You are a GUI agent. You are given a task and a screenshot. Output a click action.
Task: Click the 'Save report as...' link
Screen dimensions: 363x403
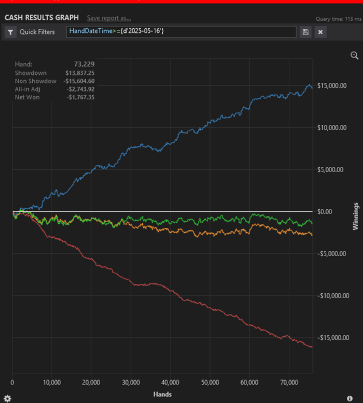(109, 18)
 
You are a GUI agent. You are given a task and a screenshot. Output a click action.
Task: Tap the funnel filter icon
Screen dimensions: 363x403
(10, 32)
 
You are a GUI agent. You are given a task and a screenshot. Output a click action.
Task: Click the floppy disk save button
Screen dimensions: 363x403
(305, 32)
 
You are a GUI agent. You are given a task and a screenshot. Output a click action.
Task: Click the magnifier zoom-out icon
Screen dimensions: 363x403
(354, 55)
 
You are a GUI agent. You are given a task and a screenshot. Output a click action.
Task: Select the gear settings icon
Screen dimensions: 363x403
(7, 398)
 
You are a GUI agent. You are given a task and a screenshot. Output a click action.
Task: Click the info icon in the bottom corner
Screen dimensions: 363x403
(350, 398)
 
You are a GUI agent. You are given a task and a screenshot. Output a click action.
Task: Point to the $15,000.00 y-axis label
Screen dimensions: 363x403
(332, 86)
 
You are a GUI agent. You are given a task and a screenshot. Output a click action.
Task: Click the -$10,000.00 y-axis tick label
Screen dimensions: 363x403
(333, 296)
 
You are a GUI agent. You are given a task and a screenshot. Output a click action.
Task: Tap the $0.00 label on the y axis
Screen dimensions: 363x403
(324, 212)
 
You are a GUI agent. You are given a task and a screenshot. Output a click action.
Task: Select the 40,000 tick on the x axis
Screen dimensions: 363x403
(170, 382)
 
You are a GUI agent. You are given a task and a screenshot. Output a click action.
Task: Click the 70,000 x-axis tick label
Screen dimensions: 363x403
(289, 382)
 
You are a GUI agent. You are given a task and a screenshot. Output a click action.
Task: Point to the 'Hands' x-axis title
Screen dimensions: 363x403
(162, 394)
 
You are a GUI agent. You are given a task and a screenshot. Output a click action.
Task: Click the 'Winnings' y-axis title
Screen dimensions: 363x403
(356, 216)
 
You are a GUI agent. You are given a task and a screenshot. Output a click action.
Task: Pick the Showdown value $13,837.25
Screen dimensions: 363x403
(80, 73)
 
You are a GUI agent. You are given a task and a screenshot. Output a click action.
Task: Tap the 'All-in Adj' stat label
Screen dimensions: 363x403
(28, 89)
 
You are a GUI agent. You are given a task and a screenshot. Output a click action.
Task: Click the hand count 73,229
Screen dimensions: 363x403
(84, 64)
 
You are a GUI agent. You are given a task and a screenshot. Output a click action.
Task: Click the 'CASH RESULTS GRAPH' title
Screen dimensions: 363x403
(41, 18)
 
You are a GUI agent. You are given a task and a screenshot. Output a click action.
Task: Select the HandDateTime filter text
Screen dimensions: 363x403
(116, 31)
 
